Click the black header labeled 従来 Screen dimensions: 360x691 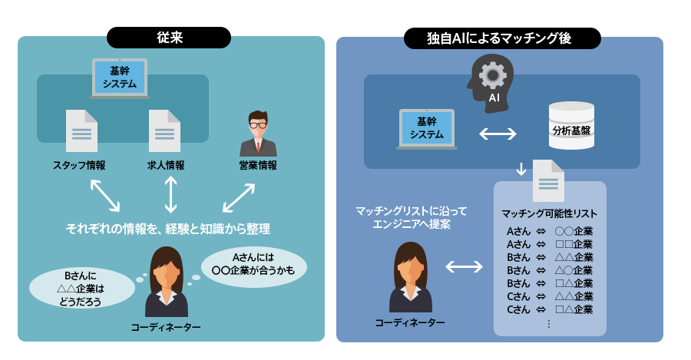pos(169,38)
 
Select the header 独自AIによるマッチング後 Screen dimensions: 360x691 pos(503,38)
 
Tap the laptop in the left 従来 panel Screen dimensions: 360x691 pos(120,78)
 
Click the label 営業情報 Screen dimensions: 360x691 pos(258,165)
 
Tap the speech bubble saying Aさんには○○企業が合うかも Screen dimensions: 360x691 pos(253,263)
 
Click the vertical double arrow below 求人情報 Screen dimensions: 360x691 pos(171,194)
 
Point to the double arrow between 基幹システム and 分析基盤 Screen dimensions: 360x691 pos(498,134)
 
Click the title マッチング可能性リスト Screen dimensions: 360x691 pos(549,213)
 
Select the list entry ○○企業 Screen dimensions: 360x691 pos(574,230)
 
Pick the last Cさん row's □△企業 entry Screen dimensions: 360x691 pos(574,309)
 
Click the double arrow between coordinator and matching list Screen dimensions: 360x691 pos(465,267)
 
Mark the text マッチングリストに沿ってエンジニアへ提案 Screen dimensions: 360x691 pos(411,217)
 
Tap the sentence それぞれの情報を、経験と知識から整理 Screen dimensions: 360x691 pos(168,229)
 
